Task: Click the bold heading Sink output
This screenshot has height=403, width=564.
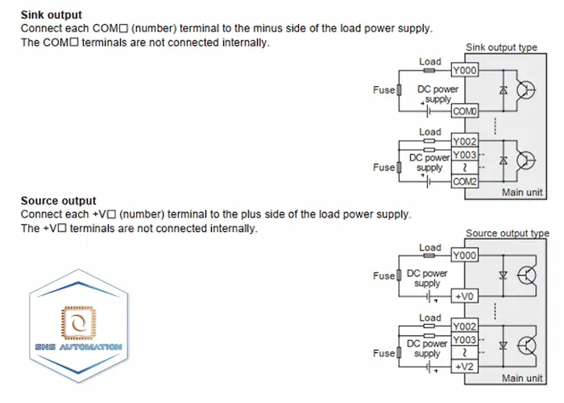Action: (x=51, y=15)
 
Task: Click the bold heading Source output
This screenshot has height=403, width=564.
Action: (x=58, y=201)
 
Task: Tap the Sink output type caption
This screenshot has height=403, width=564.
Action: (x=501, y=48)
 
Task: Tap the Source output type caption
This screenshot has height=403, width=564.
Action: (x=507, y=234)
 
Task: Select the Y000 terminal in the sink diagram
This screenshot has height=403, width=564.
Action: (x=465, y=71)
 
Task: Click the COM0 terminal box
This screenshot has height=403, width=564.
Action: (x=465, y=110)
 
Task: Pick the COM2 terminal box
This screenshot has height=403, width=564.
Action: (x=465, y=182)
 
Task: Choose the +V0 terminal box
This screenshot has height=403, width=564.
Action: (x=465, y=297)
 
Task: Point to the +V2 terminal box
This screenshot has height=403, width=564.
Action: (x=465, y=368)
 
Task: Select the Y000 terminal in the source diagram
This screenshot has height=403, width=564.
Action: (x=465, y=256)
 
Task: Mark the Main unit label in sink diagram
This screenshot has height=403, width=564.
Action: (x=523, y=193)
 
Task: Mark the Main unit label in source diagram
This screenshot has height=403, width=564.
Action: (x=523, y=378)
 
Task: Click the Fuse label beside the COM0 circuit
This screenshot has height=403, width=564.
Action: (x=383, y=90)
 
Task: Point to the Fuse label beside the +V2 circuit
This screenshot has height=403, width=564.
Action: (x=383, y=353)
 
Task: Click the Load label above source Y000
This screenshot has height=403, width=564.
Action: (x=430, y=247)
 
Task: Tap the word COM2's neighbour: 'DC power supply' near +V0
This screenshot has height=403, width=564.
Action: (x=427, y=279)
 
